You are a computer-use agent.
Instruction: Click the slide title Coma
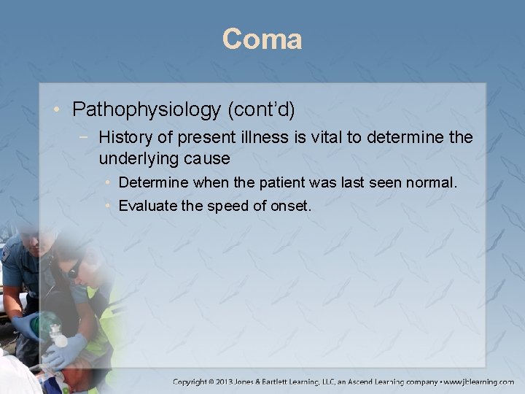click(262, 39)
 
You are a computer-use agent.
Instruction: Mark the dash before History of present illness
click(89, 136)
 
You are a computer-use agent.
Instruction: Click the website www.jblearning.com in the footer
click(478, 382)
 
